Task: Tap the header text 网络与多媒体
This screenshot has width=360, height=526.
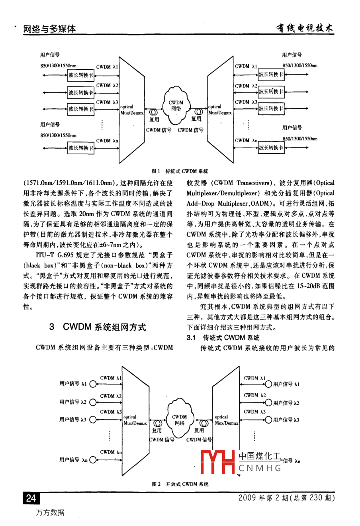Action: point(49,29)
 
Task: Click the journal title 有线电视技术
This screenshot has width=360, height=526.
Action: point(305,28)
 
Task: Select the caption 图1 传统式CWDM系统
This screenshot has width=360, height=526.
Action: point(180,171)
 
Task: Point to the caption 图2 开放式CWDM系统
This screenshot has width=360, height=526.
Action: point(180,484)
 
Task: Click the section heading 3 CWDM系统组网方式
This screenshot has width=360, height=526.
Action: point(98,327)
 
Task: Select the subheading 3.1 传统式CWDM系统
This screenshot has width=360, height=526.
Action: point(223,338)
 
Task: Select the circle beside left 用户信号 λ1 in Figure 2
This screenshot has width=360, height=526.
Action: point(93,384)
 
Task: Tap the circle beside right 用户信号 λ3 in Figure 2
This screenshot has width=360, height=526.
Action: point(269,420)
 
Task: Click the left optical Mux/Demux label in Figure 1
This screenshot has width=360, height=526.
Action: point(132,110)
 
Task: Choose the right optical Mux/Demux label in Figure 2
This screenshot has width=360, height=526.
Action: point(226,420)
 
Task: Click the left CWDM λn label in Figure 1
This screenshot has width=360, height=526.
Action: point(107,141)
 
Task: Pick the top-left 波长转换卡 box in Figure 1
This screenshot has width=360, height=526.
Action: point(81,75)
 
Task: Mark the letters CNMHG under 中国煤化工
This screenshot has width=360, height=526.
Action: point(260,468)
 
